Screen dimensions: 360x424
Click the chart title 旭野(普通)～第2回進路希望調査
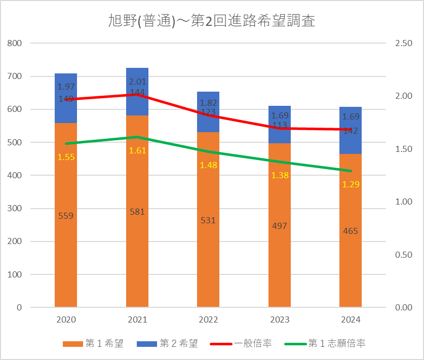212,21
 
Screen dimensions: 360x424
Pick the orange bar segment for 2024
351,263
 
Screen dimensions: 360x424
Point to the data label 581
137,212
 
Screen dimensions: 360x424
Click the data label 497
280,226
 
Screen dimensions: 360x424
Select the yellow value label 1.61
137,150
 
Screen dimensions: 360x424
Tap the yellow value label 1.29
351,184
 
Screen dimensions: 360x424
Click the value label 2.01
137,82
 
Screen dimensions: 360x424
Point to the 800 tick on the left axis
16,44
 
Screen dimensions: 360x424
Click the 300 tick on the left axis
16,209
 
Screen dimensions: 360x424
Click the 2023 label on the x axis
280,320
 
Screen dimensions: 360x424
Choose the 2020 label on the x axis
66,320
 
